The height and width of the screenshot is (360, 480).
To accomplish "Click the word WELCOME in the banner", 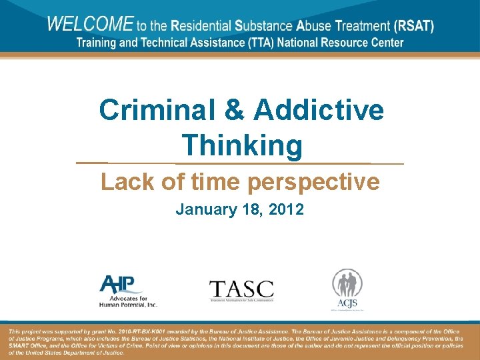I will pyautogui.click(x=90, y=25).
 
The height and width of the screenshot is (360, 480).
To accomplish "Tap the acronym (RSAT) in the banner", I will pyautogui.click(x=413, y=27).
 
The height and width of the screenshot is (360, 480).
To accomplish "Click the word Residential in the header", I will pyautogui.click(x=199, y=27).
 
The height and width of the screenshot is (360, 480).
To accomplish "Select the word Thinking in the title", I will pyautogui.click(x=242, y=145).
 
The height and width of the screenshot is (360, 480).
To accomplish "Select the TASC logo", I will pyautogui.click(x=241, y=290).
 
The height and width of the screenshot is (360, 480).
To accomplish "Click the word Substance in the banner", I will pyautogui.click(x=265, y=27).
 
